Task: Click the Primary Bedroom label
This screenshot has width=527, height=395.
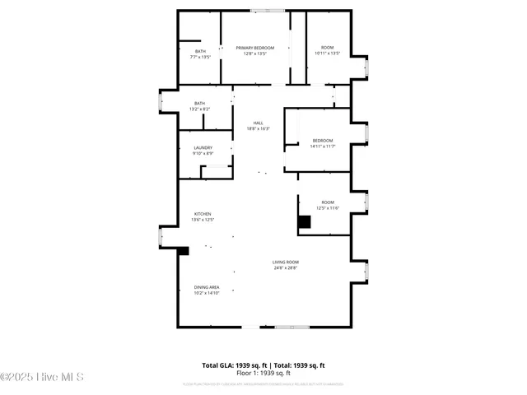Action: point(255,49)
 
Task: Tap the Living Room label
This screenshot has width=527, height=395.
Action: point(286,262)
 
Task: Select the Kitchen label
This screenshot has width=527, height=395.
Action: point(203,213)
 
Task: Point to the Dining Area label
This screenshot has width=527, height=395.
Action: point(207,287)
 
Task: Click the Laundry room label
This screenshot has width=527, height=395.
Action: point(203,148)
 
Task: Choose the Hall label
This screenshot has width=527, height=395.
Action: point(259,123)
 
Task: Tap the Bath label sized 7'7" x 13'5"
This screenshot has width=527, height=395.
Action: point(200,52)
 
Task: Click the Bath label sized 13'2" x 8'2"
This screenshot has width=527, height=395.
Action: point(200,103)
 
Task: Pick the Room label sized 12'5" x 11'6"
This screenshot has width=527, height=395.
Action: point(328,202)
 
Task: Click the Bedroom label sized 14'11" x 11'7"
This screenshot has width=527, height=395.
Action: point(323,140)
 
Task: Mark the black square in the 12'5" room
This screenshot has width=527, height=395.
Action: point(305,221)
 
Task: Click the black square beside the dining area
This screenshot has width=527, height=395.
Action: point(184,250)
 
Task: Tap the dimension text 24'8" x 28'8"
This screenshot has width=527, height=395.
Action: point(286,267)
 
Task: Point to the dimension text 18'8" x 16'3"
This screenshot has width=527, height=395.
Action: point(259,128)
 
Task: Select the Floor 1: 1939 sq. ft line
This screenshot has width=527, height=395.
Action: point(263,372)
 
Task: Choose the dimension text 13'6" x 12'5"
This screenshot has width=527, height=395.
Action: point(203,219)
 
